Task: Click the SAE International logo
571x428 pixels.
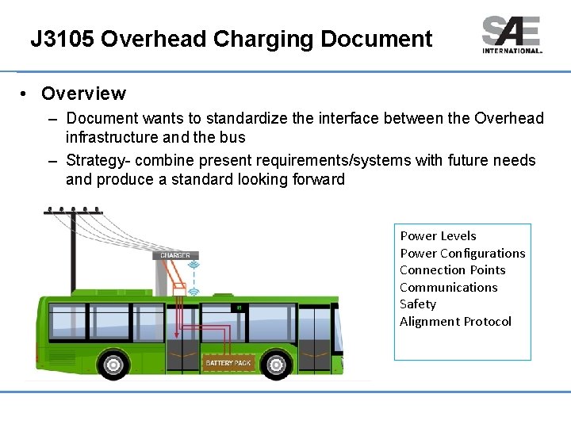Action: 512,35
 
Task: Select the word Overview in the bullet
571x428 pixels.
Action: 83,94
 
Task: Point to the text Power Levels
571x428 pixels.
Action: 438,235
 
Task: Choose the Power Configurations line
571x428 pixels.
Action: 462,253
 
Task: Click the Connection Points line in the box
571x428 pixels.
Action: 452,269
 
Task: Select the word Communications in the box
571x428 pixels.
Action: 448,287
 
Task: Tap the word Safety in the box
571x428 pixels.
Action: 418,304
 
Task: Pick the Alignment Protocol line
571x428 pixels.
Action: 455,321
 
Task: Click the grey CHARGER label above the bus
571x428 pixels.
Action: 175,255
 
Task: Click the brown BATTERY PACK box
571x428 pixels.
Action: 228,363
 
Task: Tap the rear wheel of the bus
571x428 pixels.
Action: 114,365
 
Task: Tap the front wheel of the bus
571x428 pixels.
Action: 277,365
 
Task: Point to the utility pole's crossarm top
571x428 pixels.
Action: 73,212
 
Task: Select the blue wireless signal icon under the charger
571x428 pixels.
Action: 193,292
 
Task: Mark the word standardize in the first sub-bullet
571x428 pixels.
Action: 246,119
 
